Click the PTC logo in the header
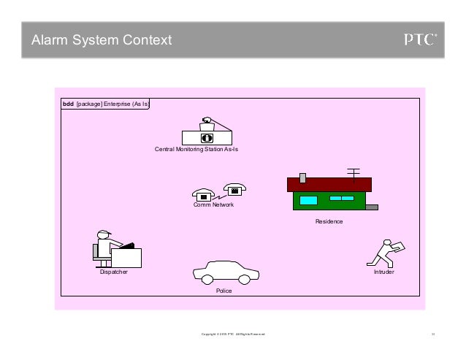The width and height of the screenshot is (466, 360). [421, 39]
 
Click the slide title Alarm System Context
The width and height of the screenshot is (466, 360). [102, 40]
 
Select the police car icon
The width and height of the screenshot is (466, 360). [226, 272]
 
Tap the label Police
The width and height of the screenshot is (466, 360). [224, 291]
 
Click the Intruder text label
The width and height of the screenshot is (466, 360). [383, 272]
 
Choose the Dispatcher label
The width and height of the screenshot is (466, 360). [113, 272]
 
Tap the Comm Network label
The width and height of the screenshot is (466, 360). [213, 205]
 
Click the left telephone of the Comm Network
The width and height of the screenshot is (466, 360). [202, 195]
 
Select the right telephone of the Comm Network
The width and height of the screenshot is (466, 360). [234, 190]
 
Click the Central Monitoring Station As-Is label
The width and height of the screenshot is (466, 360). [196, 149]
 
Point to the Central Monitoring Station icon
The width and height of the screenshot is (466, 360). [207, 133]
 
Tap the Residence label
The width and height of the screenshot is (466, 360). [329, 221]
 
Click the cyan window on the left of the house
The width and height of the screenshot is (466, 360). [309, 199]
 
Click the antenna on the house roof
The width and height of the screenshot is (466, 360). [354, 173]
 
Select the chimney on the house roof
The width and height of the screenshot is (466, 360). [303, 176]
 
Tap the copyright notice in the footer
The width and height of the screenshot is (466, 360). [233, 334]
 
